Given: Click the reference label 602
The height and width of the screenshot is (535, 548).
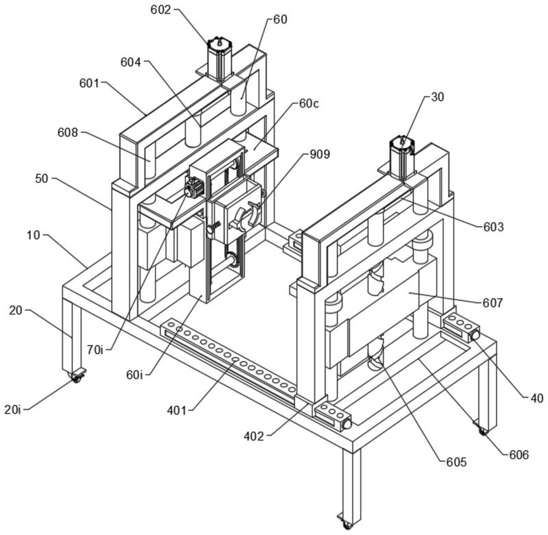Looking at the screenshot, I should click(161, 10).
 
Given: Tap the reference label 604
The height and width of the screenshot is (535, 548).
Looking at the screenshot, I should click(129, 62).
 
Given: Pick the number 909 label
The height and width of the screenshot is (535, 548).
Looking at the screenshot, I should click(319, 154).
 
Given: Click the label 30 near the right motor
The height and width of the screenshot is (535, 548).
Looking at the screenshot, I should click(437, 97).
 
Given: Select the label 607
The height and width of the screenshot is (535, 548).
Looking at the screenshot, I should click(493, 301).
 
